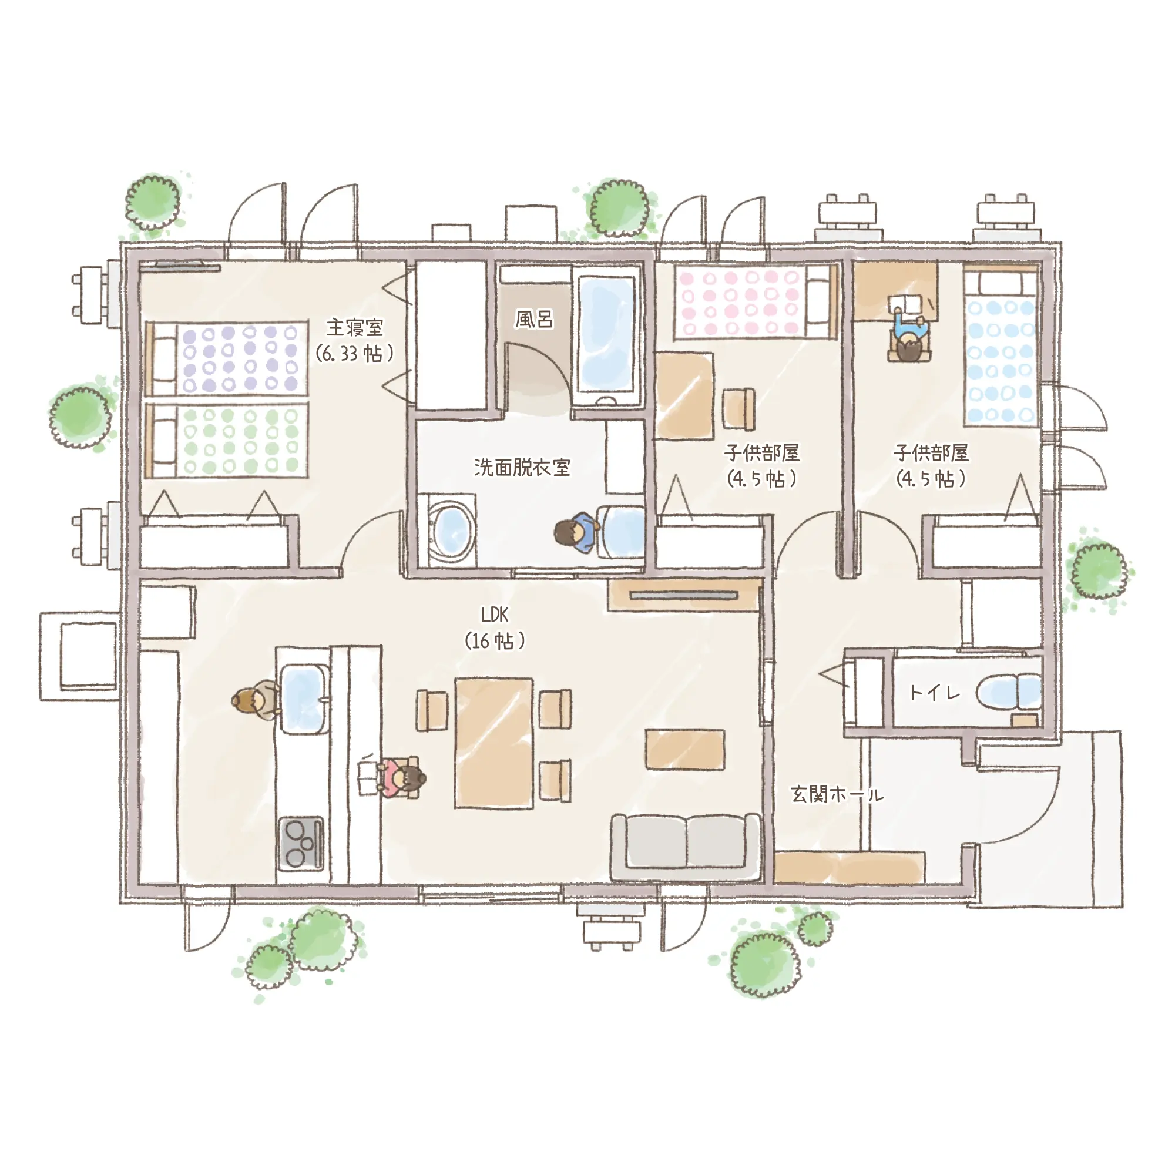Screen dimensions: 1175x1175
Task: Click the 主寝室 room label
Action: (355, 328)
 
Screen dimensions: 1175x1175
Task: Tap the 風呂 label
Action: (534, 319)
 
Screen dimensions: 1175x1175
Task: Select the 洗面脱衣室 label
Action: (522, 467)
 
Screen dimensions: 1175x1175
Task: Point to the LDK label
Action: (494, 615)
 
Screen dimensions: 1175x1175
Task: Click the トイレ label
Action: (934, 692)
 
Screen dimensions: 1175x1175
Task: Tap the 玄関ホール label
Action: (837, 794)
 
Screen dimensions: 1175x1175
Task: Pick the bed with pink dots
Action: (755, 302)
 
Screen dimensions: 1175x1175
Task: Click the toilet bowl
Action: (1008, 692)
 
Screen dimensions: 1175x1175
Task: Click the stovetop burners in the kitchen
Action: (300, 842)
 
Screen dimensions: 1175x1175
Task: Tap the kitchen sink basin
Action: (304, 697)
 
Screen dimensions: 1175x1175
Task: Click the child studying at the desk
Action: (909, 339)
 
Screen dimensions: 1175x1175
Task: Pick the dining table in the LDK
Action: (494, 743)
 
